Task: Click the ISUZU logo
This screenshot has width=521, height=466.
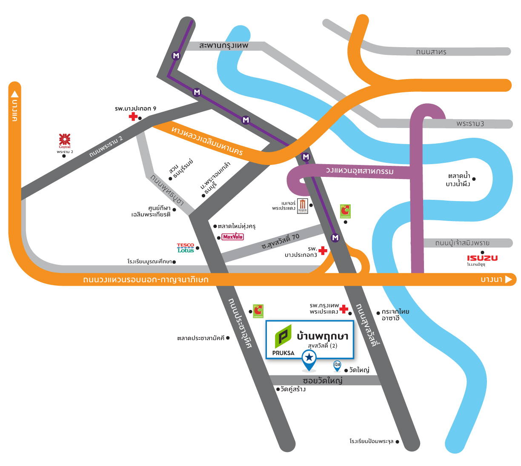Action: click(x=482, y=258)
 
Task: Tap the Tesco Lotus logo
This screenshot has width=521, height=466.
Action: click(x=186, y=248)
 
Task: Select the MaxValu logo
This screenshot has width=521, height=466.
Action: click(x=233, y=237)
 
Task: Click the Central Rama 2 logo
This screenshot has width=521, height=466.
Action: click(x=65, y=140)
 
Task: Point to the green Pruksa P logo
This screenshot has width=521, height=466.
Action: click(x=283, y=337)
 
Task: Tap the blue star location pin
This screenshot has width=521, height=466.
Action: click(x=309, y=359)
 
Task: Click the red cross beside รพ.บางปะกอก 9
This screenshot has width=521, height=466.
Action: click(x=134, y=116)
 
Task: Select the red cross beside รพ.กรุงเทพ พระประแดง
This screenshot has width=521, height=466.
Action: click(x=344, y=309)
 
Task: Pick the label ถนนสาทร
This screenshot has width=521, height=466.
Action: click(x=431, y=52)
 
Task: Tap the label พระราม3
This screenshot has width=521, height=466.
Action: click(x=470, y=124)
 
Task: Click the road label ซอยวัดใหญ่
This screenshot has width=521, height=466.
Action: click(x=322, y=380)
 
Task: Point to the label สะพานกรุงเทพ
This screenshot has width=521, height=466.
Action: click(x=223, y=45)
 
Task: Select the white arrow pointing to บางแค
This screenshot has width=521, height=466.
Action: click(x=15, y=94)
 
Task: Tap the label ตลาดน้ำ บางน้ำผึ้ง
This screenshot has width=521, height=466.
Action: click(x=458, y=180)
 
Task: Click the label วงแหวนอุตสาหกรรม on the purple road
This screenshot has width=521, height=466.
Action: click(x=360, y=171)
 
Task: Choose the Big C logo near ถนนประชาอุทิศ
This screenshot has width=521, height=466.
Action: click(x=258, y=311)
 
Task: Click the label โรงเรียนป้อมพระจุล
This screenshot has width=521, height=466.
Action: click(x=372, y=441)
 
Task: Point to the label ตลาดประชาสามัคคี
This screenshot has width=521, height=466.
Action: click(x=200, y=338)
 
